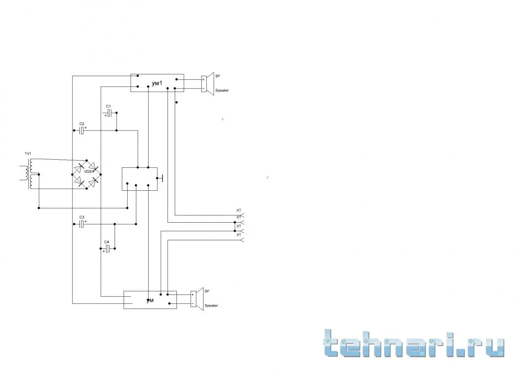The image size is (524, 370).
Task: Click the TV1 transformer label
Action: point(28,153)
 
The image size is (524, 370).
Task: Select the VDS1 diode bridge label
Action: point(89,171)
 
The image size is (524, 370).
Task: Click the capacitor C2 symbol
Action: point(82,131)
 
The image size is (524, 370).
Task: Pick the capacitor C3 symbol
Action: point(82,224)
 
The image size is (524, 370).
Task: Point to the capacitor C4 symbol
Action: point(107,248)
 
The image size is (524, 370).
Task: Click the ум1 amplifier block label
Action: point(157,83)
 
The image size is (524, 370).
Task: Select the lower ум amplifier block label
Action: point(150,300)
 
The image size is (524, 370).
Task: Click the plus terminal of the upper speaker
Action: point(203,80)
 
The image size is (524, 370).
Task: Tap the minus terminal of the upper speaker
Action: point(203,88)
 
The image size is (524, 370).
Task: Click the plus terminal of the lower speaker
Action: point(192,295)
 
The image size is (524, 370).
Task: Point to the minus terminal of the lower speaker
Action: point(192,304)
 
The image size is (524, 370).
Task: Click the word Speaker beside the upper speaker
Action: point(222,90)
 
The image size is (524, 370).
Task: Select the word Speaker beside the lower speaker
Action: point(211,306)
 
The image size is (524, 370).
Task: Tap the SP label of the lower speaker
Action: point(207,291)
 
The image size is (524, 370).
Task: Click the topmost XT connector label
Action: point(239,210)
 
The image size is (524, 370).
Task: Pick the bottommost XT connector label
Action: point(239,235)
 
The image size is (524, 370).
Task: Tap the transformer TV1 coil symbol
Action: point(30,174)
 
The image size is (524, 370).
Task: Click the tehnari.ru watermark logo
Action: point(414,344)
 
